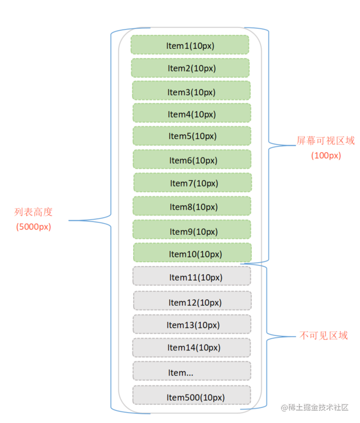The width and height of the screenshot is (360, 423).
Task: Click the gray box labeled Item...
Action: tap(191, 371)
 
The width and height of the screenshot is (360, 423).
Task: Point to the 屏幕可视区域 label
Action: tap(325, 141)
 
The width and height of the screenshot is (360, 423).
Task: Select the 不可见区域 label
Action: tap(323, 335)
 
